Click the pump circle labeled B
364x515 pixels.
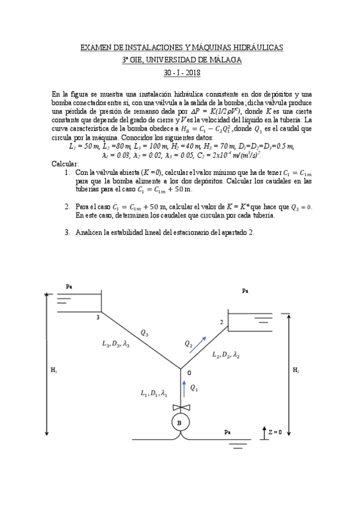[180, 423]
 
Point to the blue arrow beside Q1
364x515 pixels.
[182, 387]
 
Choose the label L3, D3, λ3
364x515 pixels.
[117, 344]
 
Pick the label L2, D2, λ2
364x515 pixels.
[225, 355]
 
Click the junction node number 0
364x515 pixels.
[189, 372]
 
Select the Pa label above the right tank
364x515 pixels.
[245, 291]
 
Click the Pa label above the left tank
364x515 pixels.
[68, 285]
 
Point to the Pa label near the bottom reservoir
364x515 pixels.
[227, 432]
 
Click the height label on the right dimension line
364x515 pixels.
[295, 369]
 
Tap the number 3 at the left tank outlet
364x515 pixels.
[97, 317]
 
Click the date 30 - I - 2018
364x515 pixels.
[182, 73]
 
